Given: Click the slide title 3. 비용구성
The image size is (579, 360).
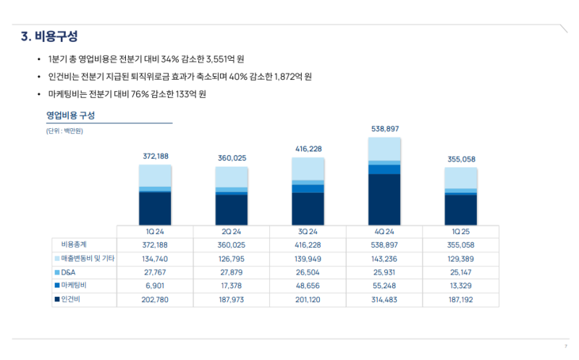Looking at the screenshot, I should (x=49, y=35).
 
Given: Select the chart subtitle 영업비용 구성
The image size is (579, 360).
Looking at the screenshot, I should (x=71, y=115).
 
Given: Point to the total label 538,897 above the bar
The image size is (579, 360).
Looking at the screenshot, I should (x=384, y=129).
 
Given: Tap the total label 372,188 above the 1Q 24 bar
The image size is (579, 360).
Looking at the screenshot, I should (x=156, y=156).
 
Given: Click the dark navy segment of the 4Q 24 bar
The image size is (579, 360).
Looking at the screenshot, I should (x=384, y=199).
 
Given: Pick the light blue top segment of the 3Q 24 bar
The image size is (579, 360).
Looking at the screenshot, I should (x=308, y=168).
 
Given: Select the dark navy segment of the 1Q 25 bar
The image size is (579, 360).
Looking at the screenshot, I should (x=461, y=209).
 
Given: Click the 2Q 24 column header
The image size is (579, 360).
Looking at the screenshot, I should (x=232, y=231).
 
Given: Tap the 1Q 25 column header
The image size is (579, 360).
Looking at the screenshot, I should (x=461, y=231).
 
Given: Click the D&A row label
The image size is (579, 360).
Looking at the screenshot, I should (x=68, y=272).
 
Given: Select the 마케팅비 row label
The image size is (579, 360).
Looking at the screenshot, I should (x=74, y=285).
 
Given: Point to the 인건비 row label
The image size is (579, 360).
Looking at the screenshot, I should (x=71, y=299).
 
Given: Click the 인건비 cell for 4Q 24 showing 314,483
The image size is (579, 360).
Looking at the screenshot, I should (x=384, y=299).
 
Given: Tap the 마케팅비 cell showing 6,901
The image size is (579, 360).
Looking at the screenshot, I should (x=156, y=285).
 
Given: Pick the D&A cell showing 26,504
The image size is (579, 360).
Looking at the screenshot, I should (x=308, y=272).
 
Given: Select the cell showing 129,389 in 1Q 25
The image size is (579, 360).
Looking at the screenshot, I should (x=461, y=258).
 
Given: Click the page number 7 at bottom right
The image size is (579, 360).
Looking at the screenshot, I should (x=565, y=346).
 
